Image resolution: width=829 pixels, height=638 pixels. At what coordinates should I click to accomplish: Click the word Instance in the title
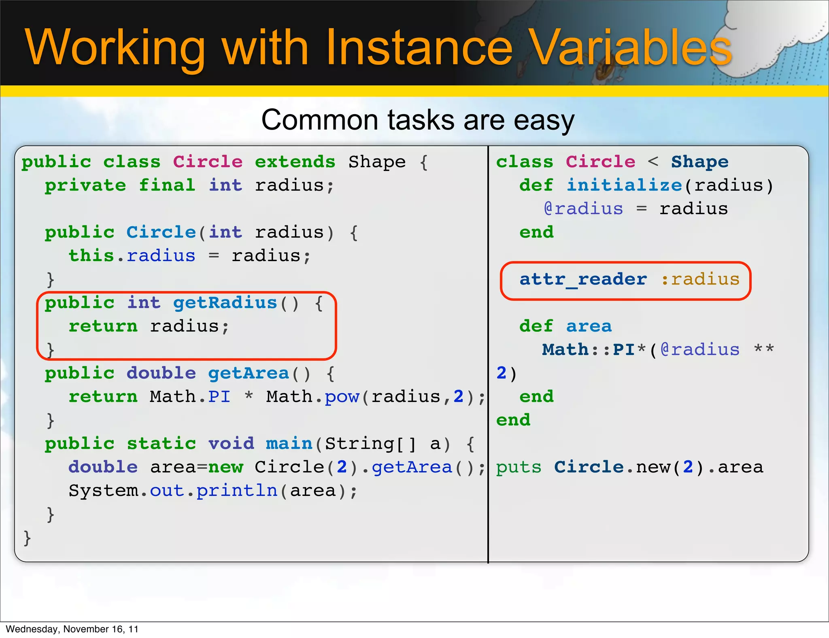click(x=419, y=48)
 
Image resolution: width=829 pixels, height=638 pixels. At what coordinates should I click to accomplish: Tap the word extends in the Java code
click(x=295, y=162)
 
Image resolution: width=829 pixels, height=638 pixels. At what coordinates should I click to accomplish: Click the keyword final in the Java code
click(x=167, y=185)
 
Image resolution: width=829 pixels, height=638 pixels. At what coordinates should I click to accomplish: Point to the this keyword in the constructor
click(x=91, y=256)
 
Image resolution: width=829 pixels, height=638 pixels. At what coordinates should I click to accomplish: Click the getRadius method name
click(x=225, y=303)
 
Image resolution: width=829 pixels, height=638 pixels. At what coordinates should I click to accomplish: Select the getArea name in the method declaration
click(x=249, y=373)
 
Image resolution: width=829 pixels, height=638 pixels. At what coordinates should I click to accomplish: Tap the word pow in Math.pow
click(x=342, y=397)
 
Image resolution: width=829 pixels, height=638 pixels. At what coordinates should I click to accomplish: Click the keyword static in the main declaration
click(x=162, y=444)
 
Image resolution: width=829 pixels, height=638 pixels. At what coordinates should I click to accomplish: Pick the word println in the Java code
click(x=237, y=491)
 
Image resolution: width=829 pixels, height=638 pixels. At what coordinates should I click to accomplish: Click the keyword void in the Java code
click(x=231, y=444)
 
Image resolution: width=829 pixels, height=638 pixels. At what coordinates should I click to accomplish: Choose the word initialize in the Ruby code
click(x=624, y=185)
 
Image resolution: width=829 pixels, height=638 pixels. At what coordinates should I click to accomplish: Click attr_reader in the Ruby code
click(x=583, y=279)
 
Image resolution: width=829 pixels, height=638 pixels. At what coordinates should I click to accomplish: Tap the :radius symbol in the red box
click(x=700, y=279)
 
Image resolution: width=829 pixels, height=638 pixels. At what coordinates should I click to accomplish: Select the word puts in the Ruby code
click(x=519, y=467)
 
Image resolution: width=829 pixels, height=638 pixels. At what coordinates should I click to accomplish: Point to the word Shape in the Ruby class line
click(x=700, y=162)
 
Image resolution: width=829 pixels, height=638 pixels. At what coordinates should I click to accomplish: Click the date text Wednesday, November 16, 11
click(x=72, y=629)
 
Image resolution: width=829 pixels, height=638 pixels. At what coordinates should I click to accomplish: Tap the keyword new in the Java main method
click(x=225, y=467)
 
